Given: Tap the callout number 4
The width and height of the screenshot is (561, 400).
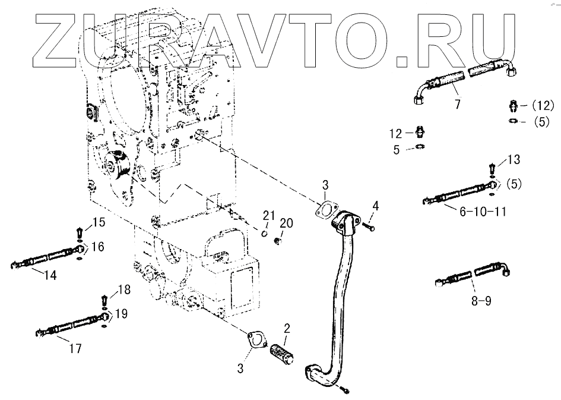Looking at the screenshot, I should point(375,207).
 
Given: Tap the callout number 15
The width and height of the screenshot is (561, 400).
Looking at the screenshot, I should point(98,223).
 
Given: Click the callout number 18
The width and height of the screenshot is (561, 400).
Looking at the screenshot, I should point(123,289).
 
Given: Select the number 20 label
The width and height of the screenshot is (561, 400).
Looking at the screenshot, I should point(286,223).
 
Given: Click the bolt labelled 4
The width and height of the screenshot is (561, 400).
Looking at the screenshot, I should point(369,224).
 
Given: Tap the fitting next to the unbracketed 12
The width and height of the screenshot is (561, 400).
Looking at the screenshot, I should point(420,131).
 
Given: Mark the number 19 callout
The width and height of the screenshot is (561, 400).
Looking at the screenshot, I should point(121,313).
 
